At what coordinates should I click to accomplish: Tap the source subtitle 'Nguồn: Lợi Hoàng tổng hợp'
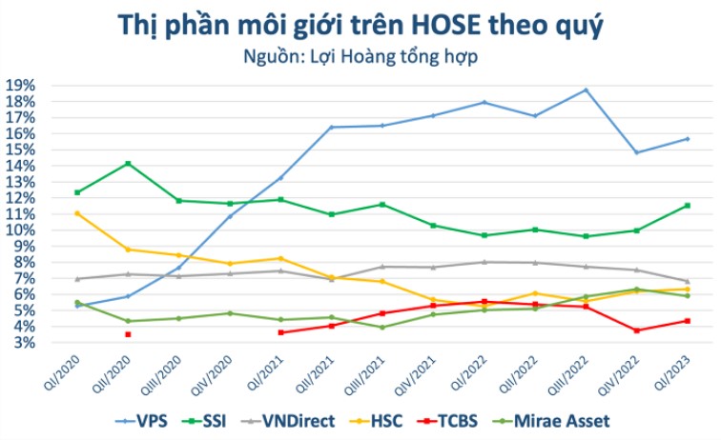[x=360, y=55]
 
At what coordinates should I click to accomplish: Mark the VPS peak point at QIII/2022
[x=585, y=90]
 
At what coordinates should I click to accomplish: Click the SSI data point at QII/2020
[x=128, y=164]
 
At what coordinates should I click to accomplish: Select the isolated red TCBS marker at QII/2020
[x=128, y=334]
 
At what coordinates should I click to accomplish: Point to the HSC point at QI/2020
[x=77, y=213]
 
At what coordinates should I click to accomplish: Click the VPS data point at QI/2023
[x=687, y=139]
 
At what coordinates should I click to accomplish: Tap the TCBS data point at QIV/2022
[x=636, y=330]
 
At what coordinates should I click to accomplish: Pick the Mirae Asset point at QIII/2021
[x=381, y=328]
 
